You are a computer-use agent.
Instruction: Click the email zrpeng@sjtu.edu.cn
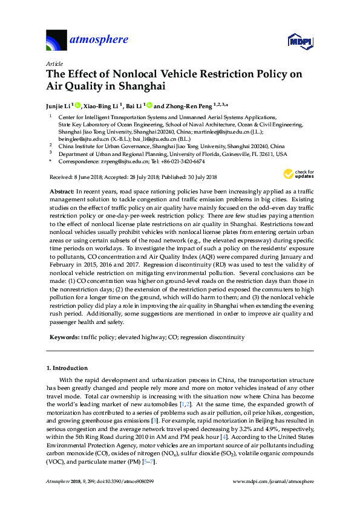124,162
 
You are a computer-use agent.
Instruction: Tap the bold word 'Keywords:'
65,337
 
